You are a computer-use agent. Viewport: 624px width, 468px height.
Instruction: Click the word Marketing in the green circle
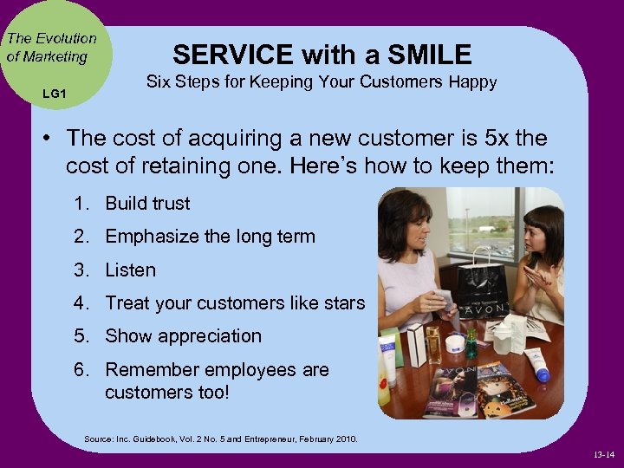click(56, 57)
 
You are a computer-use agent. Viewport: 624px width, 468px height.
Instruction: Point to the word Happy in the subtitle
click(471, 82)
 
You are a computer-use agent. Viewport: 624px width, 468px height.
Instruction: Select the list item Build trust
click(147, 204)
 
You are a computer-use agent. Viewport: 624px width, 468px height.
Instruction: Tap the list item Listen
click(131, 270)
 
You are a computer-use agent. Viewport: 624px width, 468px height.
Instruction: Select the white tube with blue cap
click(540, 364)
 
